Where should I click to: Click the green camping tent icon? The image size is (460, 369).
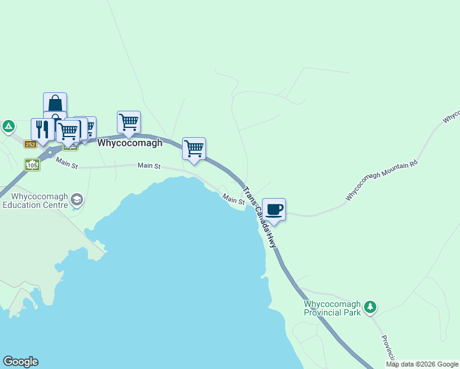point(8,127)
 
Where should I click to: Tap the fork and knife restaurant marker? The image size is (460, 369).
point(42,129)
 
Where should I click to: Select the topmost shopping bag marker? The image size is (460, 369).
point(55,102)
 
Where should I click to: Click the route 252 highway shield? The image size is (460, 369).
point(31,144)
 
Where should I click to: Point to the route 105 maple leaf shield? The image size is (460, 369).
point(32,165)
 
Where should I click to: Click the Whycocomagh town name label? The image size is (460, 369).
point(130,143)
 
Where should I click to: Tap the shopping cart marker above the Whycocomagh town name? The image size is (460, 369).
point(129,122)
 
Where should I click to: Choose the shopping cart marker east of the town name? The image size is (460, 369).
point(194,148)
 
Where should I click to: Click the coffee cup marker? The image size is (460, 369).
point(274,209)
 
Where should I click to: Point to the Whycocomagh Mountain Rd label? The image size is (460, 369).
point(381,180)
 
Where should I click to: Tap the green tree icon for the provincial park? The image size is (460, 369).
point(370,306)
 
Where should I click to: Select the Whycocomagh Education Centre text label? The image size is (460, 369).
point(34,200)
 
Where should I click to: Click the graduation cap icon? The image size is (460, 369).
point(77,199)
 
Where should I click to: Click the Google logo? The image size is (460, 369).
point(20,362)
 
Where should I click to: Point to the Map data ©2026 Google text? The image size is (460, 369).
point(422,364)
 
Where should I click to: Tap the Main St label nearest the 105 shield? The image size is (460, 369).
point(66,163)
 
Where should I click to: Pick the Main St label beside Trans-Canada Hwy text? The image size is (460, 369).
point(234,199)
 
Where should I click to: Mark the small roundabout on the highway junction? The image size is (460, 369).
point(50,151)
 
